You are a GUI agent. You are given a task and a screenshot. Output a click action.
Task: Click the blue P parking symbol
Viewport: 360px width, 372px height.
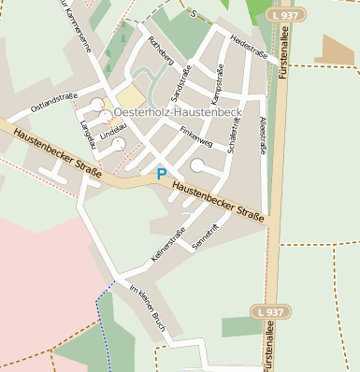click(162, 173)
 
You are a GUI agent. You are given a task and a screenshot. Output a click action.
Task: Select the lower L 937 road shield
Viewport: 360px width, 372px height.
click(273, 311)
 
